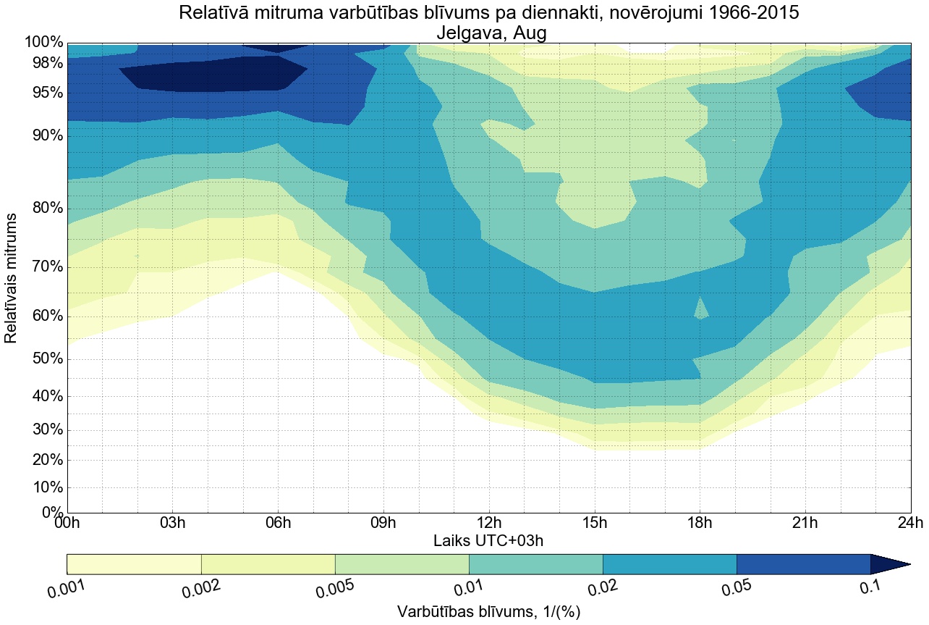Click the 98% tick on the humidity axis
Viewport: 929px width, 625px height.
click(44, 63)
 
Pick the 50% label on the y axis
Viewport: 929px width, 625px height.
click(44, 359)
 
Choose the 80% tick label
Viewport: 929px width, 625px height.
click(44, 209)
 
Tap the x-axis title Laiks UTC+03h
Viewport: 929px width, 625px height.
click(488, 540)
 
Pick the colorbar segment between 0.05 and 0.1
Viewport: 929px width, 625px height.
click(803, 564)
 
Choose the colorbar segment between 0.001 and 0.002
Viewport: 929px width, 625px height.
click(134, 564)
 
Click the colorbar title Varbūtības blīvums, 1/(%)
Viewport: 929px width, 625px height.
click(488, 611)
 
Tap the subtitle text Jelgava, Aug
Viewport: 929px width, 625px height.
click(488, 33)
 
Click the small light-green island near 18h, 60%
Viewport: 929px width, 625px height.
click(700, 310)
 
